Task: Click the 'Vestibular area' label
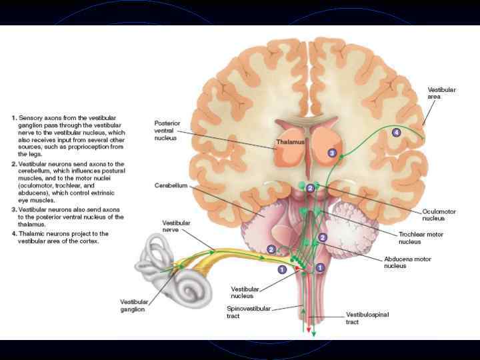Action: tap(442, 93)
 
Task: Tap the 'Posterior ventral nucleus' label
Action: tap(169, 131)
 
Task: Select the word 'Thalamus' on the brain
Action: tap(291, 143)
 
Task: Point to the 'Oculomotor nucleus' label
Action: tap(438, 214)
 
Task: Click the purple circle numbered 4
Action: tap(397, 133)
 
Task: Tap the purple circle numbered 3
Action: tap(332, 153)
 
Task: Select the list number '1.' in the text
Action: tap(13, 118)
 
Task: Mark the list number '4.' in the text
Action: tap(13, 234)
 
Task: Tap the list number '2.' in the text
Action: tap(13, 163)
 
